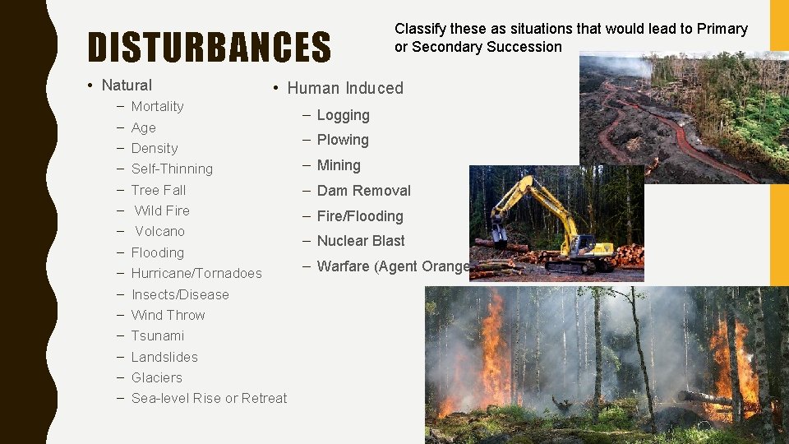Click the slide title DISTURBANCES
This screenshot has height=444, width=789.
(x=209, y=48)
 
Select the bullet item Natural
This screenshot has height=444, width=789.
(x=127, y=85)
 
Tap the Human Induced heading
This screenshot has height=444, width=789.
(x=345, y=88)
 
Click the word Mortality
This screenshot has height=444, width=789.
(x=157, y=106)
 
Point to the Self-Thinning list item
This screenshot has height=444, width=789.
(x=172, y=169)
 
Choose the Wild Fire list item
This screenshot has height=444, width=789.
(x=162, y=210)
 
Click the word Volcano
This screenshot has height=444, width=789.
(x=159, y=231)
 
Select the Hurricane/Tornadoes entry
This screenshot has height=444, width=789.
(x=196, y=273)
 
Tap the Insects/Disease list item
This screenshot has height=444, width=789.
(x=180, y=294)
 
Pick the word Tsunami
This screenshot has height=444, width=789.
(x=158, y=335)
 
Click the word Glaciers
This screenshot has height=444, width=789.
(x=156, y=377)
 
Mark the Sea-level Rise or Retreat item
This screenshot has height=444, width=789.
(x=209, y=398)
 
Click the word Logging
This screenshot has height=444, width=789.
(x=343, y=115)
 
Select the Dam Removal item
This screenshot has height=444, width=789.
(x=363, y=191)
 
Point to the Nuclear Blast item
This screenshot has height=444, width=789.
(x=361, y=241)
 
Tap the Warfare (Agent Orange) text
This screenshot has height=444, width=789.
(x=393, y=266)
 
